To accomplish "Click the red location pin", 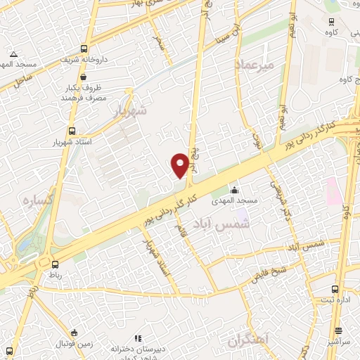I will click(x=181, y=165).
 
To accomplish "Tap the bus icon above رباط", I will click(x=55, y=263).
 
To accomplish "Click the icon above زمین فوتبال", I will click(x=75, y=332).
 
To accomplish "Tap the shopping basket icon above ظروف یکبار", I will click(x=84, y=77).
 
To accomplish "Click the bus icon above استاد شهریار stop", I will click(x=72, y=130).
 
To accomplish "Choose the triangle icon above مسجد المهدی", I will click(x=13, y=53).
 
